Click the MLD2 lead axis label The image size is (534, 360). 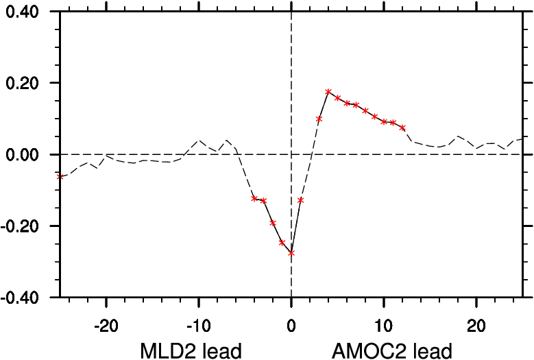[191, 351]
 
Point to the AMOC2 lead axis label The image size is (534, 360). [391, 351]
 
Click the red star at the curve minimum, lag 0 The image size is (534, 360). [291, 253]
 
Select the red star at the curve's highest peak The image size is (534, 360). [328, 92]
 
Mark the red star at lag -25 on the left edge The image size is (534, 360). [60, 177]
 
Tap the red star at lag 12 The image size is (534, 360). [402, 128]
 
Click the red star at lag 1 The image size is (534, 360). [301, 200]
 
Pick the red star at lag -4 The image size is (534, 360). [254, 199]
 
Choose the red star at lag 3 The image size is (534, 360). [319, 119]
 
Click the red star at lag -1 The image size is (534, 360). [282, 243]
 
